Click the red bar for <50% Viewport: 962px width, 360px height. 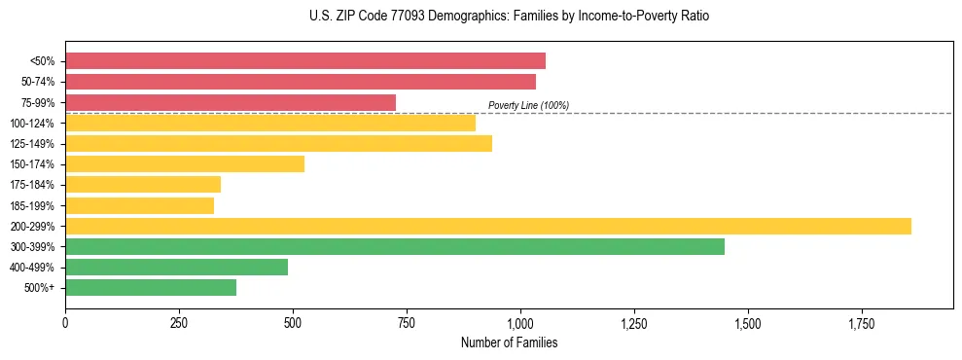coord(305,61)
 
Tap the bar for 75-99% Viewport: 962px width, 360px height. coord(231,102)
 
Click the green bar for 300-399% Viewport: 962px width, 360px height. coord(395,246)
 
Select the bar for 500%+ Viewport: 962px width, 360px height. coord(151,287)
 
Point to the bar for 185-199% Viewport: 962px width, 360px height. coord(139,205)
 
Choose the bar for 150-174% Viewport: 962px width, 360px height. coord(185,163)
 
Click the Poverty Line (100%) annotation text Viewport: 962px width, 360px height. coord(528,105)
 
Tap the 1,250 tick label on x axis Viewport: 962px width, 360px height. coord(634,323)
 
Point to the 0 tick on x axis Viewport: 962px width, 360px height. coord(65,323)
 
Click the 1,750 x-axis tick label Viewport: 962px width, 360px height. coord(862,323)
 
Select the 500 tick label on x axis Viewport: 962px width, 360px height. coord(293,323)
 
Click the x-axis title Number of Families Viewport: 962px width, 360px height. coord(509,342)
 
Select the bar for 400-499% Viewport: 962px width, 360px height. coord(176,267)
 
